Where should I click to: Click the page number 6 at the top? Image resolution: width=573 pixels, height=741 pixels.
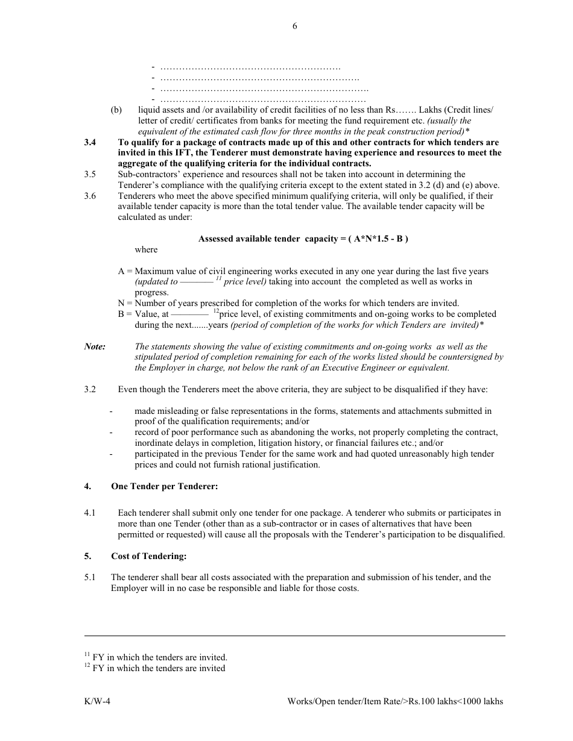coord(294,26)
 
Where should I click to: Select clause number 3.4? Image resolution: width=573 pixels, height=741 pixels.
coord(90,143)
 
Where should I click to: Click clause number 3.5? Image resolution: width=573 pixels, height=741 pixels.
coord(90,175)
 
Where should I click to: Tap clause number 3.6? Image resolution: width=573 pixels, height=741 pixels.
coord(90,196)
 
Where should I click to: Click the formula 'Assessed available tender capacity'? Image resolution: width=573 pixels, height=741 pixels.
coord(303,239)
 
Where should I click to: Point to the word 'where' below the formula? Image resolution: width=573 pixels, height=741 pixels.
coord(146,249)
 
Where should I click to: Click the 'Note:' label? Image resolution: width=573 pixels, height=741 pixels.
coord(95,346)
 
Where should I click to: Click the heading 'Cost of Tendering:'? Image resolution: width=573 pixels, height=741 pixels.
coord(148,556)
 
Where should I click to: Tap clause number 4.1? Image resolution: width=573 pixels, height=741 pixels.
coord(90,513)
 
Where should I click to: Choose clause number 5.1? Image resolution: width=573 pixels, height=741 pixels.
coord(90,577)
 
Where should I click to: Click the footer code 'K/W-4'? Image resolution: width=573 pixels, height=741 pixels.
coord(97,701)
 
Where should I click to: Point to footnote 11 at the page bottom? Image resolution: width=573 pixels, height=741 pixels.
coord(156,657)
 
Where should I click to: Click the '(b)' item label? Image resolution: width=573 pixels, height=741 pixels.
coord(116,110)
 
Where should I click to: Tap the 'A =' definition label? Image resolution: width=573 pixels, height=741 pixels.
coord(125,272)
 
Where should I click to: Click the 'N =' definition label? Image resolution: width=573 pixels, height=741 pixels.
coord(125,304)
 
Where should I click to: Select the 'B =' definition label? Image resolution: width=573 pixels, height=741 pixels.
coord(125,314)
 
